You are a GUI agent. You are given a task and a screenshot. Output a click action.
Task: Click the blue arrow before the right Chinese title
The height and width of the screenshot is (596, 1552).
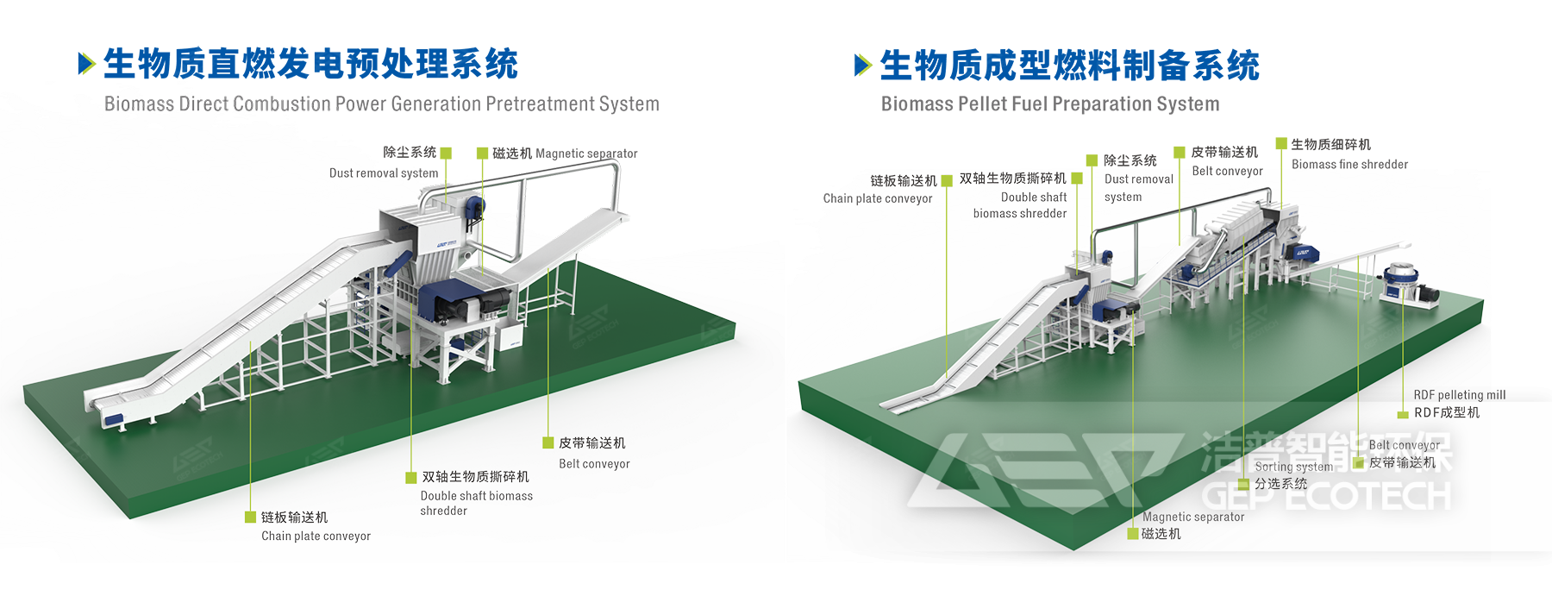pos(863,65)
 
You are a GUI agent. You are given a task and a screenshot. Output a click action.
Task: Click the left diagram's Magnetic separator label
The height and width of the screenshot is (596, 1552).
pos(586,154)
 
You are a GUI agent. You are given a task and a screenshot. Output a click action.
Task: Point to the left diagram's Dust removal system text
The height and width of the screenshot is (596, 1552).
pos(383,173)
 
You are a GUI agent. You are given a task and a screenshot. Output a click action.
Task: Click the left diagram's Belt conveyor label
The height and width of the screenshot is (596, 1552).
pos(594,464)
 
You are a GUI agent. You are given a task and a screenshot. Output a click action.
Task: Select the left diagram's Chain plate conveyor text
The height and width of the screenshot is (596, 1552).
pos(316,536)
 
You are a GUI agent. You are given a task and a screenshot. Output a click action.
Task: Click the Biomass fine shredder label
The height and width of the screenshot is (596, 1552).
pos(1349,165)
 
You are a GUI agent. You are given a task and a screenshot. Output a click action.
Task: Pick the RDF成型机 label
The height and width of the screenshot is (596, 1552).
pos(1447,413)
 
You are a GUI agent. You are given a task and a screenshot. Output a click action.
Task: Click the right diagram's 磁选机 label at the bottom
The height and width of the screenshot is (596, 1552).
pos(1161,535)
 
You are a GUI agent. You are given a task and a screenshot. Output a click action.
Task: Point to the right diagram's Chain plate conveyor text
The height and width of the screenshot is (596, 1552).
pos(878,199)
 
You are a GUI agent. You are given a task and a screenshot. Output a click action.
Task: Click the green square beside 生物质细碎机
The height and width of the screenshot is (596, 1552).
pos(1281,144)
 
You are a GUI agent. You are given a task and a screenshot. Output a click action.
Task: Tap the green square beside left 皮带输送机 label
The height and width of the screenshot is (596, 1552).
pos(548,443)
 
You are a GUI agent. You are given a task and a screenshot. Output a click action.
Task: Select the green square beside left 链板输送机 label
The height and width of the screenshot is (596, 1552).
pos(250,518)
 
